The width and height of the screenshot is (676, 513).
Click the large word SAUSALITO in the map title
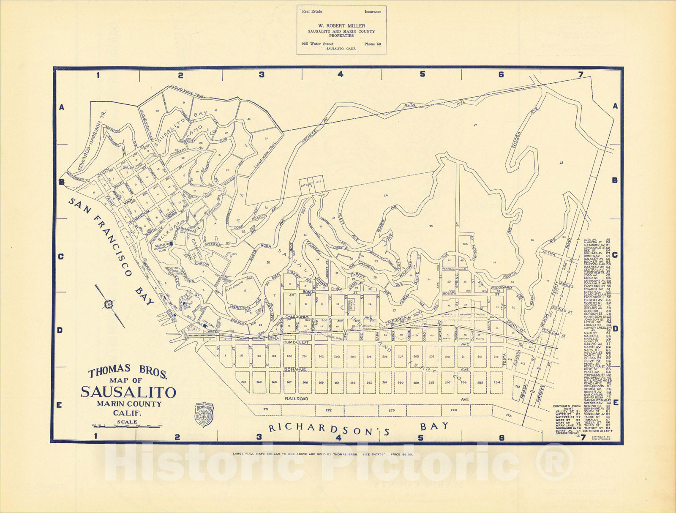pos(128,392)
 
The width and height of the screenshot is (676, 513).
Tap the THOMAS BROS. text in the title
pos(128,372)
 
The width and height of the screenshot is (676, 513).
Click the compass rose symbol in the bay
pos(109,304)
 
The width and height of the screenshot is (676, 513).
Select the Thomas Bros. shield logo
pos(204,414)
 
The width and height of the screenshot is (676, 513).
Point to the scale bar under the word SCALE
pos(128,427)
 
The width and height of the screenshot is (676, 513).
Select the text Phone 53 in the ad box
pos(372,44)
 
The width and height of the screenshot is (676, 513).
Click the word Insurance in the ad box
pos(373,12)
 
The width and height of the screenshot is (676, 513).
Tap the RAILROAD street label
pos(296,399)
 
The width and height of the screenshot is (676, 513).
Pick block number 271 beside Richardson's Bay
pos(266,409)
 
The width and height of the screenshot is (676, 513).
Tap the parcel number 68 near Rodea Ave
pos(561,163)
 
